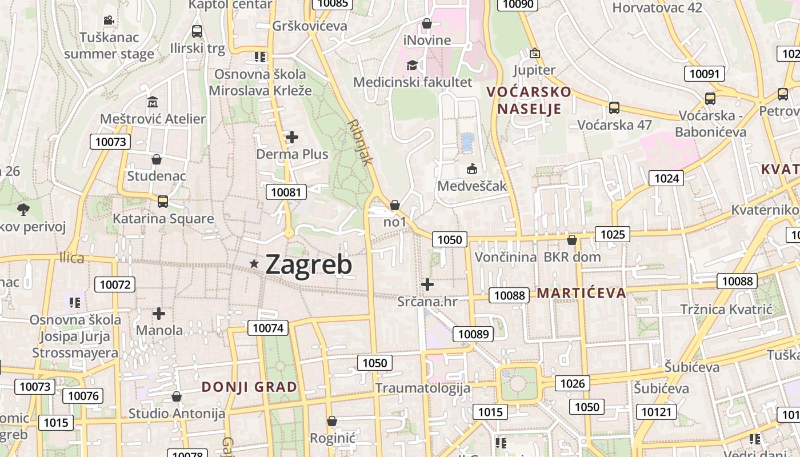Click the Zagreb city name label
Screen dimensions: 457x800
tap(309, 264)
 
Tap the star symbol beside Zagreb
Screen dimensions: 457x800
tap(254, 263)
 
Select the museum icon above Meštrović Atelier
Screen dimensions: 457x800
tap(152, 102)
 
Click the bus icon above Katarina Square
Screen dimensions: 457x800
tap(163, 201)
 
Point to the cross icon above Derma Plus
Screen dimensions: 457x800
tap(292, 137)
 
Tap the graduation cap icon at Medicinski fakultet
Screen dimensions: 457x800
tap(412, 65)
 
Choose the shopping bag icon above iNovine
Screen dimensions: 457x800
tap(426, 23)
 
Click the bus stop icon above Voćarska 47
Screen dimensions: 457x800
tap(614, 107)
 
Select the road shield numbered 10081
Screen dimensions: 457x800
tap(286, 192)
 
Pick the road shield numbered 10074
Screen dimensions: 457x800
tap(268, 328)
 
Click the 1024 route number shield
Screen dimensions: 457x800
tap(666, 178)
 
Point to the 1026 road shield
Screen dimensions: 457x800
tap(572, 383)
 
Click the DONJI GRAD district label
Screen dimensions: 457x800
tap(249, 387)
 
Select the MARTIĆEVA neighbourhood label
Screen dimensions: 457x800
tap(582, 294)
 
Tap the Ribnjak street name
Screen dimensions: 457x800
tap(359, 142)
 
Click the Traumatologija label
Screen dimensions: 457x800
tap(423, 388)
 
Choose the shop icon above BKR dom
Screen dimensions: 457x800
tap(571, 240)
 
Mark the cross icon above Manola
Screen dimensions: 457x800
tap(159, 313)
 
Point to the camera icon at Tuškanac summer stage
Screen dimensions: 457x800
tap(109, 21)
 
